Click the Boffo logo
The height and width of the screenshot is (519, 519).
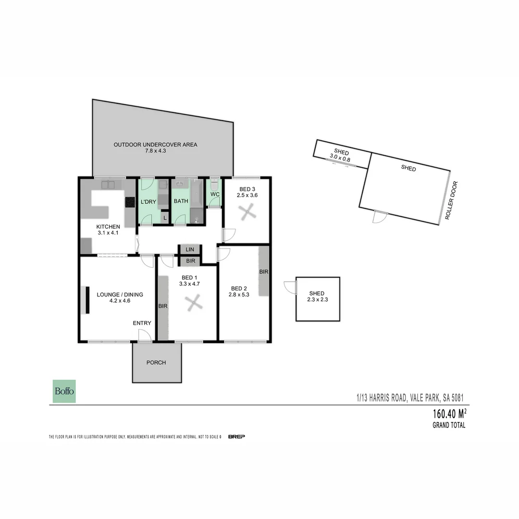(64, 391)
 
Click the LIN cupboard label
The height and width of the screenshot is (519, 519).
(190, 249)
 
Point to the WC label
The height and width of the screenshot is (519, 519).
(215, 195)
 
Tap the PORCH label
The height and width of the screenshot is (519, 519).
(156, 362)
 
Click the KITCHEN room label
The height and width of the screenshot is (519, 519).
(108, 226)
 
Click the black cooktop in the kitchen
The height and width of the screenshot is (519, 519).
(130, 203)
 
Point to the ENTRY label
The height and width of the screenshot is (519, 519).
(142, 323)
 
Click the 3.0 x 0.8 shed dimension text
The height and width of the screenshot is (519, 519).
(340, 157)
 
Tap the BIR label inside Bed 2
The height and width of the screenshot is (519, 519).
(263, 272)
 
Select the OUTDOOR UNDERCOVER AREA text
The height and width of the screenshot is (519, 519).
(155, 145)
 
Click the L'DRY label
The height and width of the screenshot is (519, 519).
(148, 202)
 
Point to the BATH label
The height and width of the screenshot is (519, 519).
(181, 201)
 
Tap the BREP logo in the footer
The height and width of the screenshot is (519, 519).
(237, 437)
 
